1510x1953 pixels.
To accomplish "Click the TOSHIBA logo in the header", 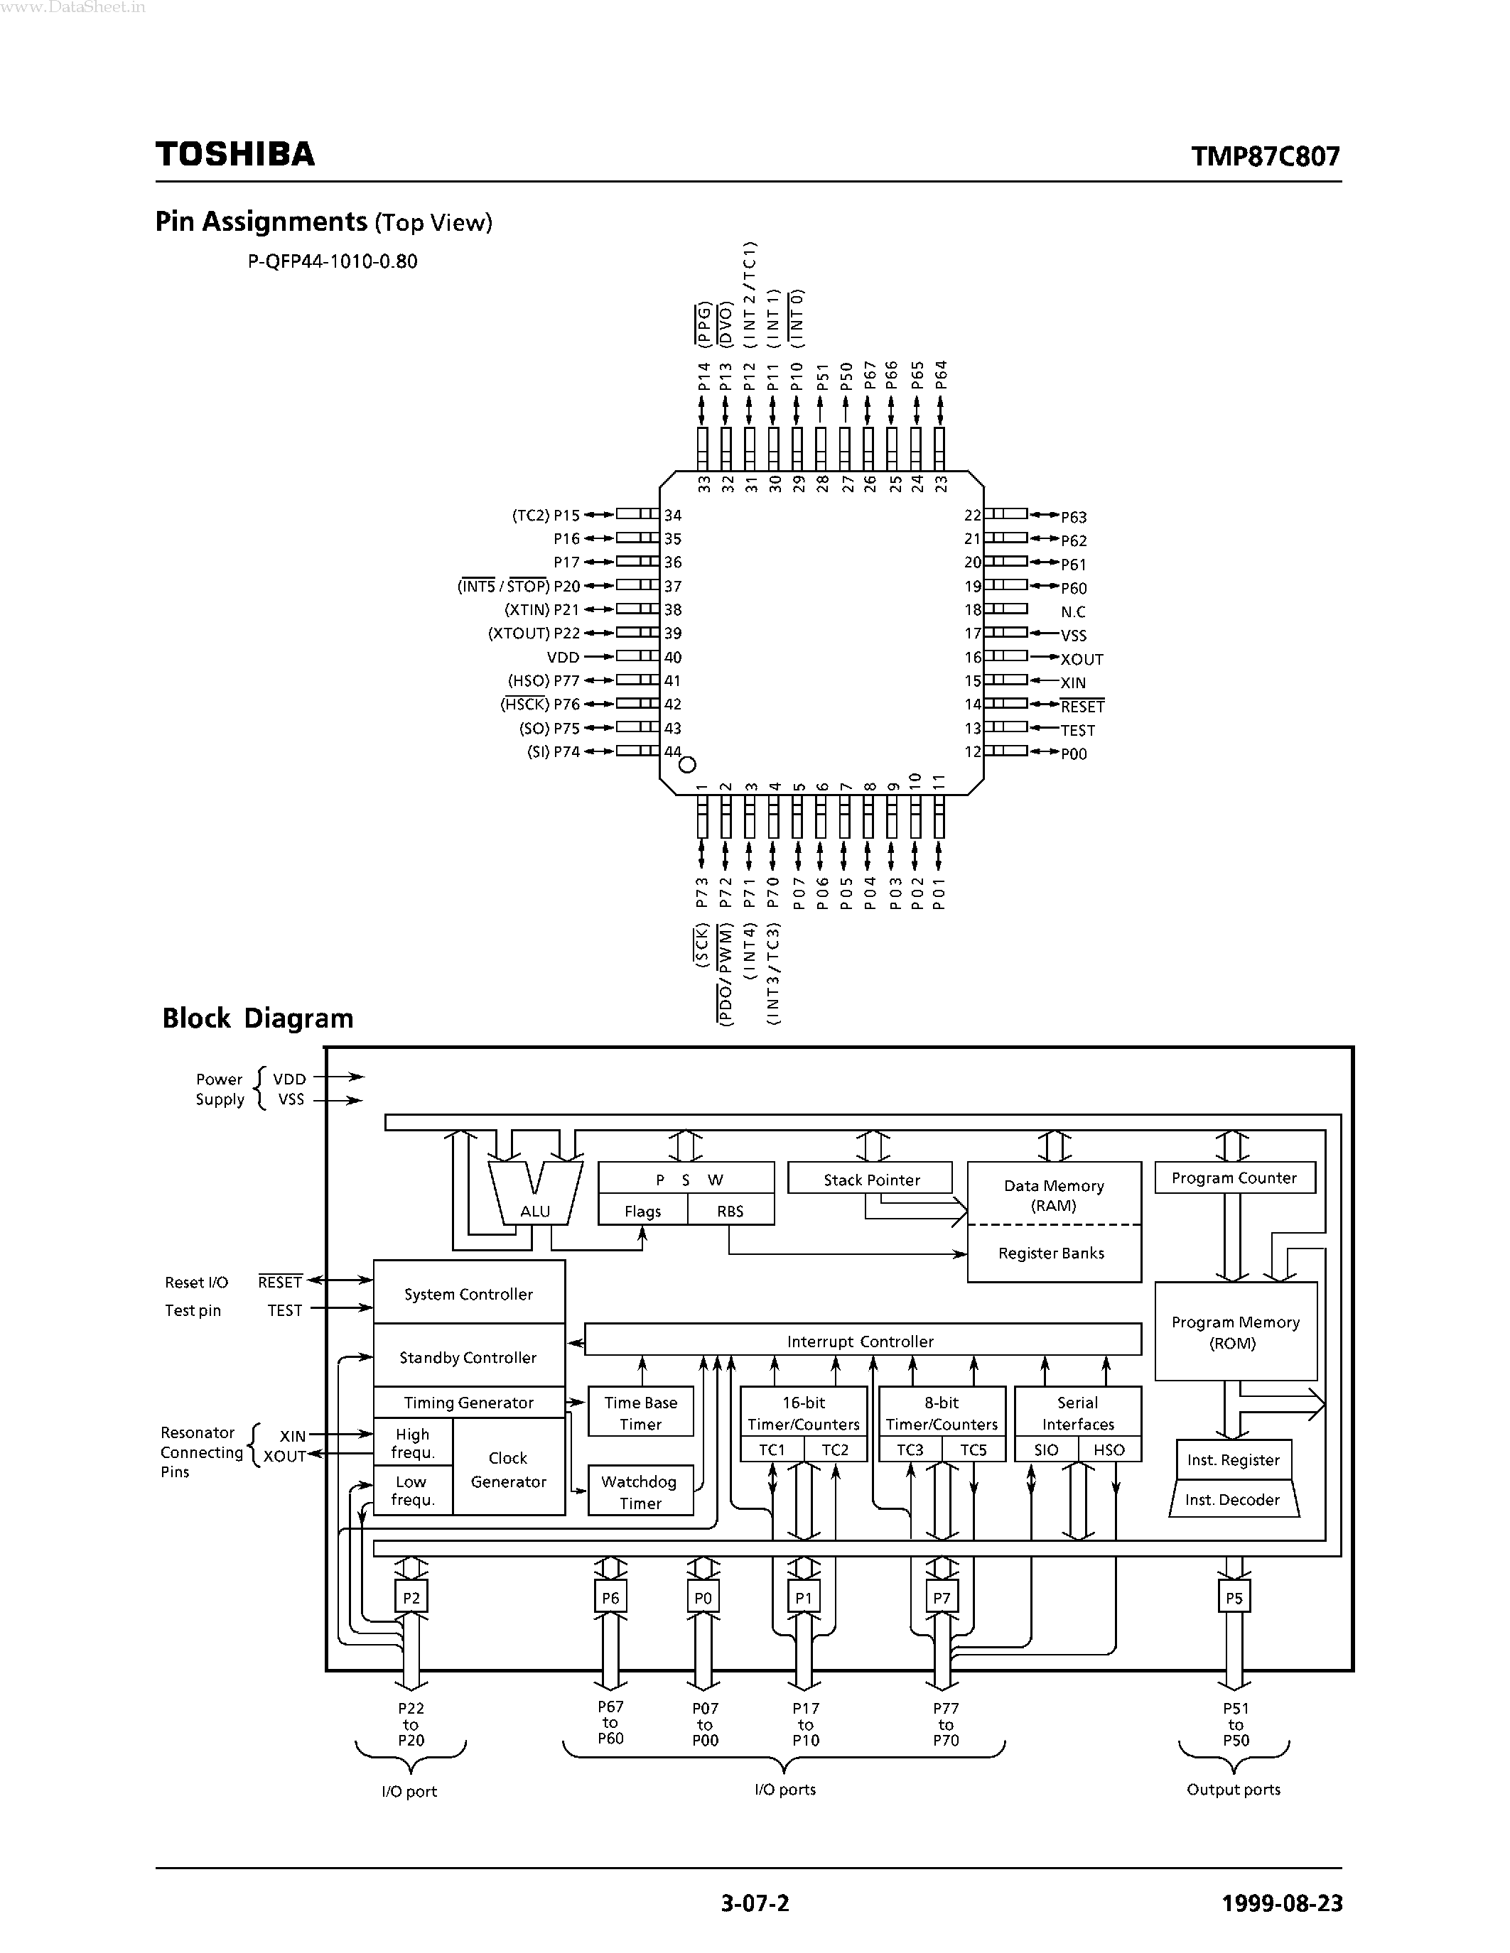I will click(x=235, y=154).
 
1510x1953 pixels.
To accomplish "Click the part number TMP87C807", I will click(x=1265, y=156).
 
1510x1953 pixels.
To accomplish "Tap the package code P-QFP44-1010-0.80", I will click(x=333, y=262).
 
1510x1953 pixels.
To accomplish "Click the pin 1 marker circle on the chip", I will click(x=688, y=765).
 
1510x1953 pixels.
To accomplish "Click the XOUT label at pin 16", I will click(x=1082, y=659).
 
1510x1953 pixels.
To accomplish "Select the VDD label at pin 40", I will click(x=563, y=657).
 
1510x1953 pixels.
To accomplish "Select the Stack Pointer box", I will click(x=870, y=1180).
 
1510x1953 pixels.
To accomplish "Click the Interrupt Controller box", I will click(x=861, y=1342).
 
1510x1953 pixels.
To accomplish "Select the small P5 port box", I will click(x=1234, y=1598).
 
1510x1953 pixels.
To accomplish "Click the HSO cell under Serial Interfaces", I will click(x=1109, y=1449).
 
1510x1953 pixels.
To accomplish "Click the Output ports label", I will click(x=1233, y=1790).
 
